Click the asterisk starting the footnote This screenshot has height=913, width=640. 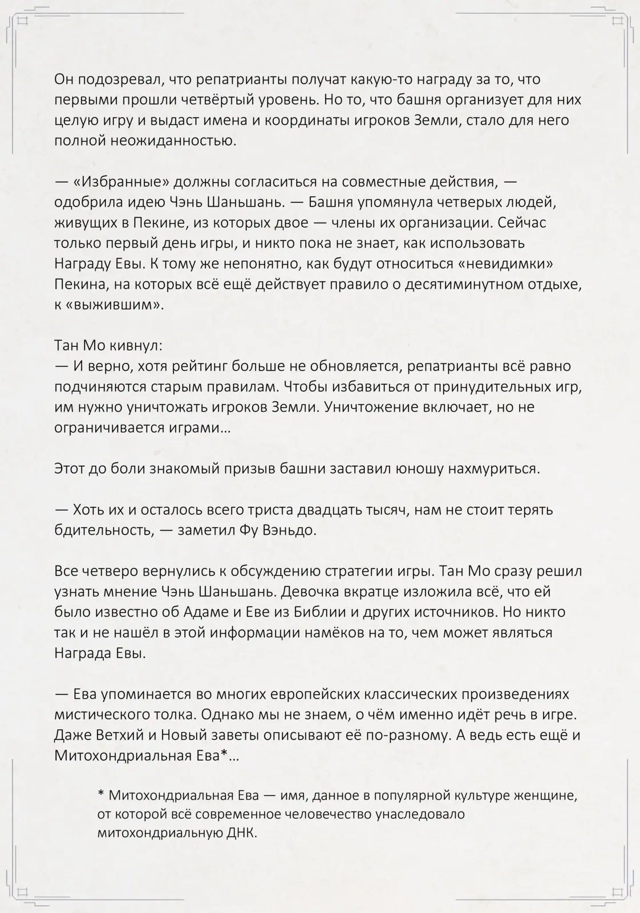click(x=101, y=795)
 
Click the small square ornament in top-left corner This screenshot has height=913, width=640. click(x=23, y=21)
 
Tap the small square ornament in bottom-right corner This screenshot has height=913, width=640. click(x=617, y=891)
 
